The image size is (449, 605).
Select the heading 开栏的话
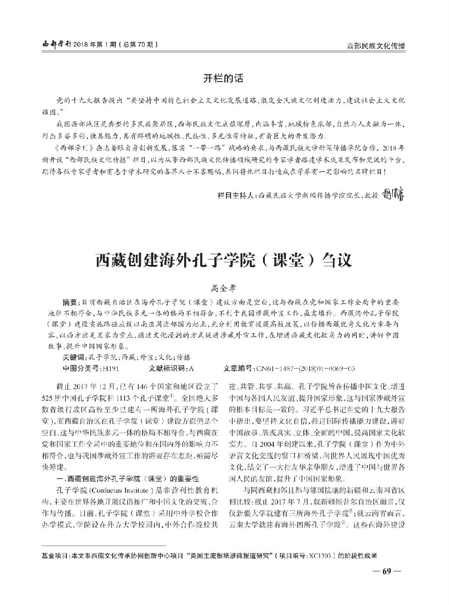[224, 78]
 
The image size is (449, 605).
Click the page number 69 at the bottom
[386, 572]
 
